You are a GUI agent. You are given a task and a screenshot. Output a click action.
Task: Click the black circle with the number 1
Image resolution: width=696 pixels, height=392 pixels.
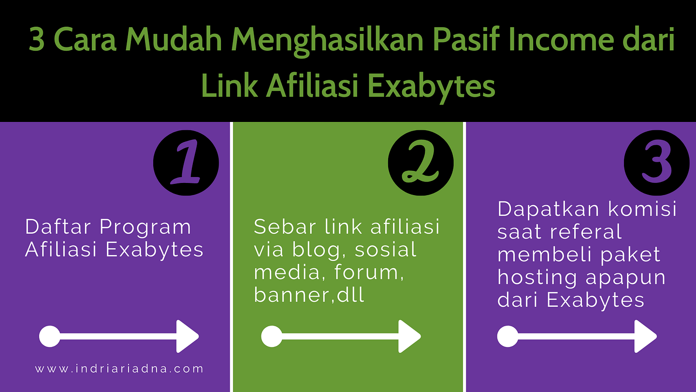click(x=186, y=163)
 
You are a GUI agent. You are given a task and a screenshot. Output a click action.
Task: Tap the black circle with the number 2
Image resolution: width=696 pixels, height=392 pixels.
click(x=420, y=163)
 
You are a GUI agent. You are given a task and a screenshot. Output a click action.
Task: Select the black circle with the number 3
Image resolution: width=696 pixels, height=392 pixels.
click(x=656, y=163)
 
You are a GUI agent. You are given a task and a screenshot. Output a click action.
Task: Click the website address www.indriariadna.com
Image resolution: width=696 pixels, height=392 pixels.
click(x=119, y=369)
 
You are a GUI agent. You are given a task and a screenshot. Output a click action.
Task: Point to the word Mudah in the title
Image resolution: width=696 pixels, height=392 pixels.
click(x=174, y=40)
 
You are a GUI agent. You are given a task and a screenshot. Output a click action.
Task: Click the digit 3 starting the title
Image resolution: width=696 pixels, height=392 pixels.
click(x=37, y=40)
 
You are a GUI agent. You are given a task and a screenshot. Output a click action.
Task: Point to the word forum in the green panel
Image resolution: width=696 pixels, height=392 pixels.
click(x=369, y=272)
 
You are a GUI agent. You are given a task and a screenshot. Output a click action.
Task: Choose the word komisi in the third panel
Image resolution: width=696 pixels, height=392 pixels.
click(x=642, y=208)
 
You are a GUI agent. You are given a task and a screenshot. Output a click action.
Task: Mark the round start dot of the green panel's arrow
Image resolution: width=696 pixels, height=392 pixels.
click(x=272, y=336)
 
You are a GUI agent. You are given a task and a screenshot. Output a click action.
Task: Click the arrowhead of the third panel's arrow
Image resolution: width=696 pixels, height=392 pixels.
click(x=645, y=336)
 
